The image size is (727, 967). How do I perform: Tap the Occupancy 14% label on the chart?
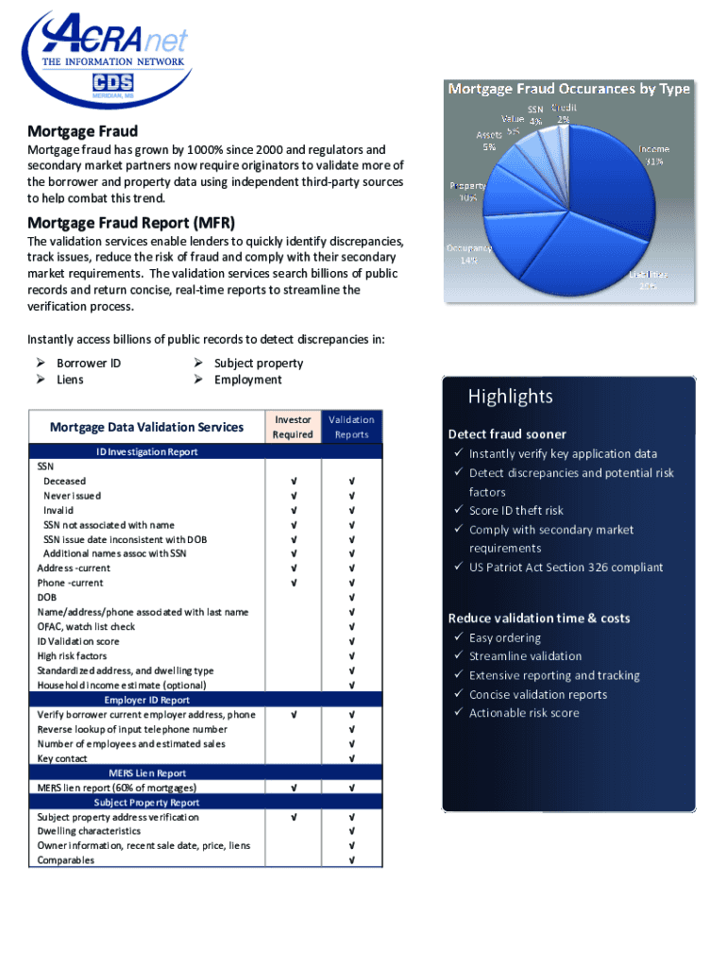463,253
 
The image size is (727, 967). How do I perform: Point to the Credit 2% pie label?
565,113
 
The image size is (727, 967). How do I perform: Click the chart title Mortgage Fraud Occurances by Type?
568,89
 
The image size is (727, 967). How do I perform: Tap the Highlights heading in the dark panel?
510,397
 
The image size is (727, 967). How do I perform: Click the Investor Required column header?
293,427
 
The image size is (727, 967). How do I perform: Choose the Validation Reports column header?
352,427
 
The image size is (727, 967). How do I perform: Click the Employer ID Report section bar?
146,700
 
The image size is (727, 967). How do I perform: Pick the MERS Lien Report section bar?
146,772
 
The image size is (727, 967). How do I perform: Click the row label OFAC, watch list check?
86,626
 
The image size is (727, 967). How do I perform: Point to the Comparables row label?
66,860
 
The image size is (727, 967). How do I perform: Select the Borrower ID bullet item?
89,363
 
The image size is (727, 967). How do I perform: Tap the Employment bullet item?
247,380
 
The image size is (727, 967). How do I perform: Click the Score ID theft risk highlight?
516,511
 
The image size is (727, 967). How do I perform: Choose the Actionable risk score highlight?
524,713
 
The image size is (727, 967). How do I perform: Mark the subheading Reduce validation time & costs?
538,618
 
